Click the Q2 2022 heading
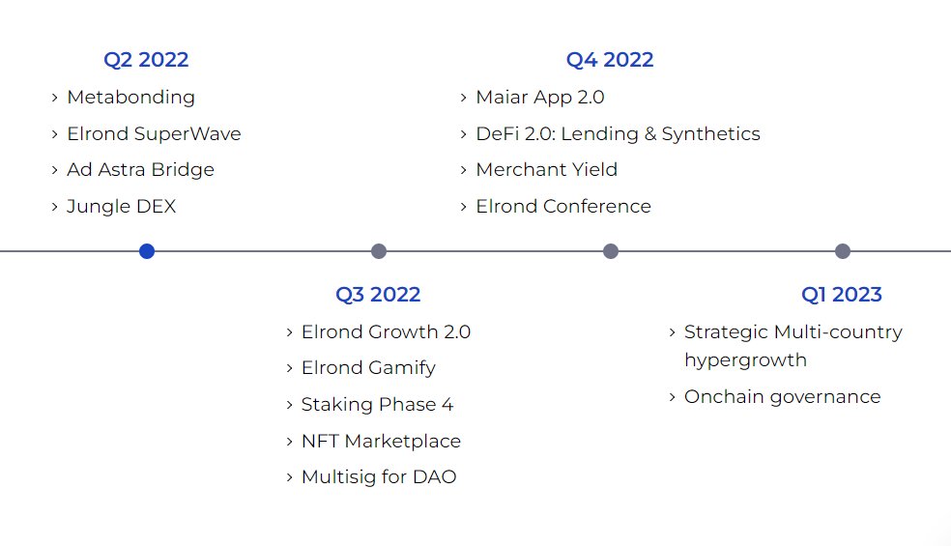point(146,60)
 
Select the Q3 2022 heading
point(378,295)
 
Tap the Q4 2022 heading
point(610,60)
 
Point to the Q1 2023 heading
point(842,295)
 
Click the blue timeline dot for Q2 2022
point(147,251)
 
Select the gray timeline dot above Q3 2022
point(379,251)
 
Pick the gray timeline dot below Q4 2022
point(611,251)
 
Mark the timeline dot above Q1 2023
point(843,251)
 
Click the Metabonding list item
point(130,98)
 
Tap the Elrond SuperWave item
point(154,134)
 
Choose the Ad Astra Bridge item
point(140,170)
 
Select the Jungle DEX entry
point(121,207)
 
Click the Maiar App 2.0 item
point(540,98)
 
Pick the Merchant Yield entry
point(546,170)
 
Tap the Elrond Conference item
point(563,207)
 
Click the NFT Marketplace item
point(381,442)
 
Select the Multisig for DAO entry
point(379,477)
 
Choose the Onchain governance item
point(782,397)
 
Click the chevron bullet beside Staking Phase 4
point(290,405)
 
